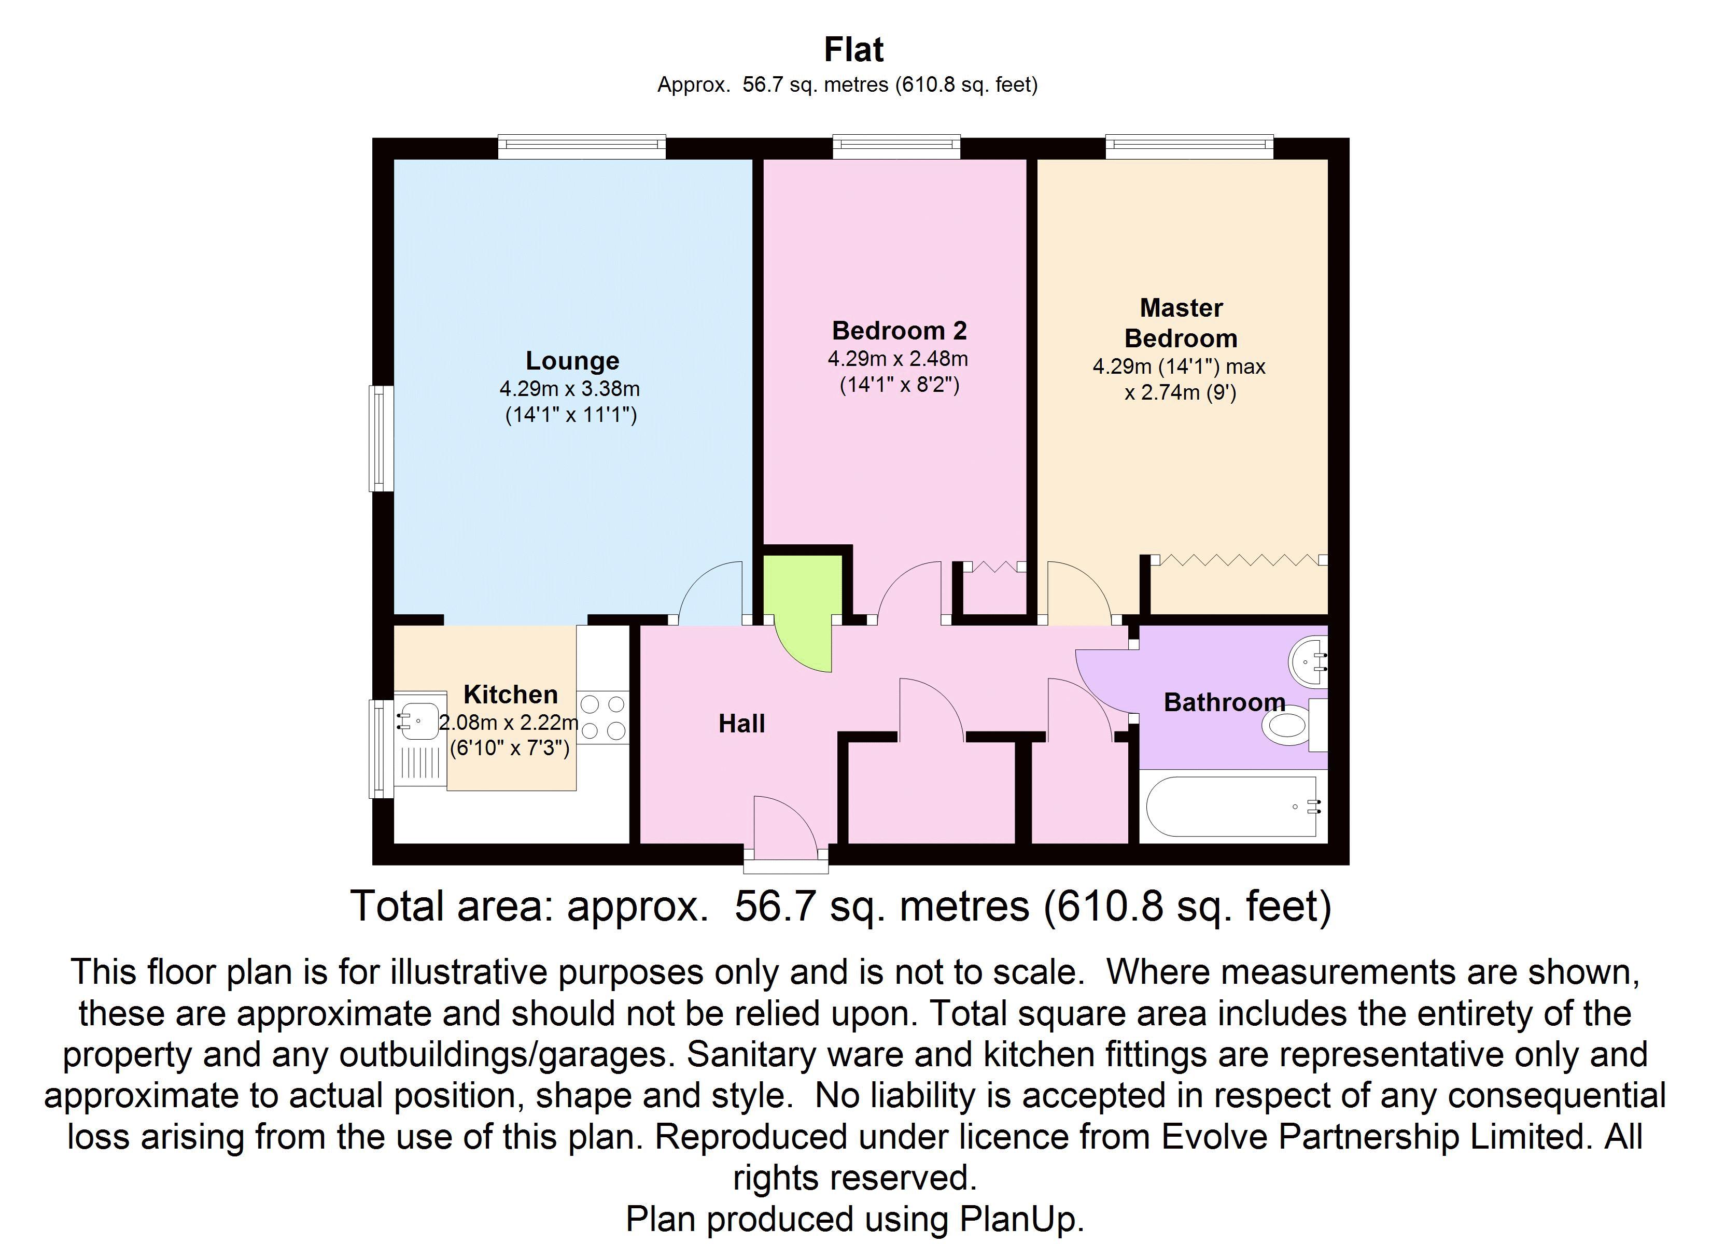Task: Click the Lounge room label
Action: point(572,361)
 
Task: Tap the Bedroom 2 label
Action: point(899,330)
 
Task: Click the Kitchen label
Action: point(510,694)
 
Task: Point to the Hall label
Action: point(741,724)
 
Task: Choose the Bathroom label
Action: point(1224,702)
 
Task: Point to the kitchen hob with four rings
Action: point(603,717)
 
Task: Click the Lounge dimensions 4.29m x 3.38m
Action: point(570,389)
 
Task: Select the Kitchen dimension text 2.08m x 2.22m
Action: point(509,723)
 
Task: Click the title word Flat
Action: point(854,50)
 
